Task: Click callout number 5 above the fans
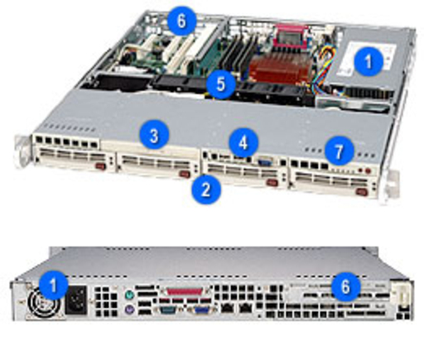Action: tap(220, 84)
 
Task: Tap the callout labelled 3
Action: tap(154, 136)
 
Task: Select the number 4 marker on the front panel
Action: tap(243, 142)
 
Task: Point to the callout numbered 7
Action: tap(339, 151)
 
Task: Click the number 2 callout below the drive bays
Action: tap(206, 190)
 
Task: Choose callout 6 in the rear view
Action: tap(345, 287)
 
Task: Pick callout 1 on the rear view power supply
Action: tap(53, 285)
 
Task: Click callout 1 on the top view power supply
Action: tap(369, 62)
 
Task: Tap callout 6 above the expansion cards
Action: tap(181, 21)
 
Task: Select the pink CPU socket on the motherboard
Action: tap(291, 36)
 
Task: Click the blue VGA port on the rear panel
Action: tap(202, 310)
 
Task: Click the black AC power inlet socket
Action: tap(76, 300)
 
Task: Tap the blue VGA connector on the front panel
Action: tap(265, 161)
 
